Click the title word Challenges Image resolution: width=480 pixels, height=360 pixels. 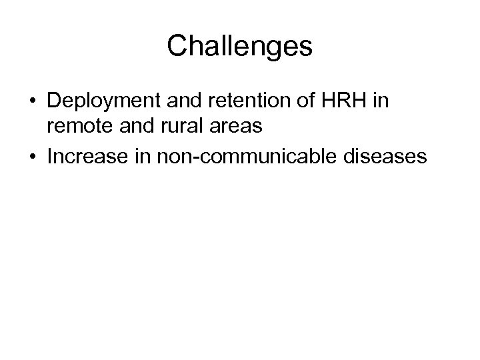pyautogui.click(x=239, y=46)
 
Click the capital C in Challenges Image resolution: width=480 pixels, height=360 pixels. pyautogui.click(x=177, y=46)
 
